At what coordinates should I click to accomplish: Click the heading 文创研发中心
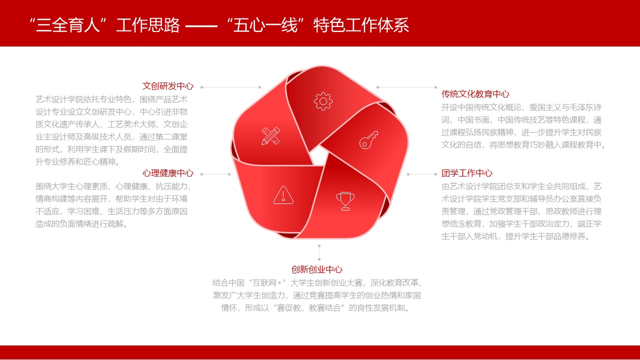(x=168, y=86)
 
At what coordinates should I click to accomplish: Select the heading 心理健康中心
(x=168, y=173)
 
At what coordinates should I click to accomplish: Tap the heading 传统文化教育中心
(x=475, y=94)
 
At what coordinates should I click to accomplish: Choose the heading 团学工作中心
(x=467, y=173)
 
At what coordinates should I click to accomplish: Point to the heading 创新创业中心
(x=317, y=269)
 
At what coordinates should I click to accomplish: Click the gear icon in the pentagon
(x=323, y=101)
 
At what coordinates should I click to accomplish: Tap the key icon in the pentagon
(x=369, y=140)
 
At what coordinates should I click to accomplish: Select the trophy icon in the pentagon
(x=345, y=201)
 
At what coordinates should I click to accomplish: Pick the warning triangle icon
(x=283, y=195)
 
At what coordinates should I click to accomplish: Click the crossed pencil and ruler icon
(x=271, y=135)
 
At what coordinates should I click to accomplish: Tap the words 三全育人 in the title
(x=67, y=25)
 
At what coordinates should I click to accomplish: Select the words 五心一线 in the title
(x=265, y=25)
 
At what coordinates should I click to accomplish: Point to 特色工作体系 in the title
(x=361, y=25)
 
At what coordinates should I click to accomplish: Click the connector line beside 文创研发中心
(x=231, y=87)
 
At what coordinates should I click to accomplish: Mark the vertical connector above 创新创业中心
(x=319, y=252)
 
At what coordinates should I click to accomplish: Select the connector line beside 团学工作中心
(x=422, y=174)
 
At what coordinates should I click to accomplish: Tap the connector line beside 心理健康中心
(x=215, y=174)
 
